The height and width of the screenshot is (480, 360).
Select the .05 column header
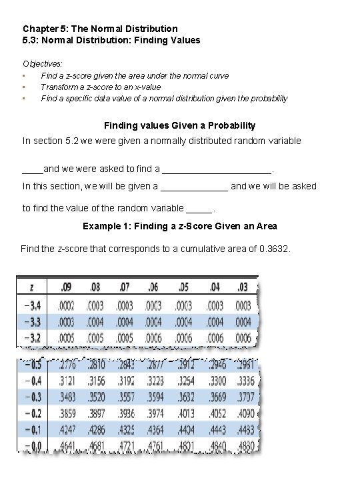[183, 287]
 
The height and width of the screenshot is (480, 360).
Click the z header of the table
[32, 287]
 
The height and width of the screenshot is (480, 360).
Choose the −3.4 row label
[32, 305]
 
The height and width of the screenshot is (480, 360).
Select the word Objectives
[42, 63]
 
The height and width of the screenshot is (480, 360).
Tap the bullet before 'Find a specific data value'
[24, 99]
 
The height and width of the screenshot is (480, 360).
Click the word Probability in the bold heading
[232, 125]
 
